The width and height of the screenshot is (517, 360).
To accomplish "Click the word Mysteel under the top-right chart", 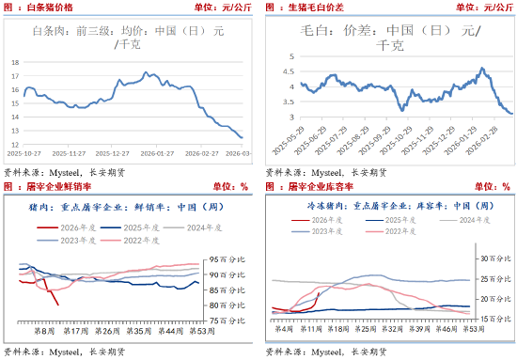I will (x=328, y=172).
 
